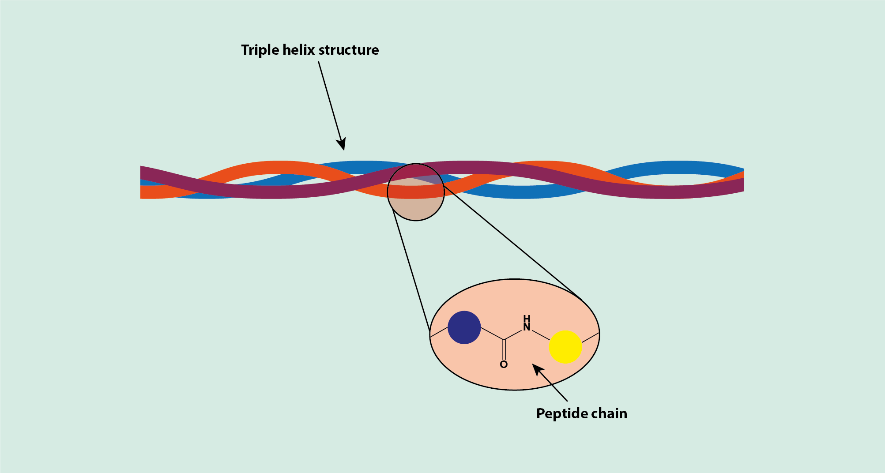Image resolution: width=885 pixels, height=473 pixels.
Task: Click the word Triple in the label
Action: pyautogui.click(x=260, y=50)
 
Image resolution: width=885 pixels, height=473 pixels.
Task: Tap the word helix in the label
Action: pyautogui.click(x=298, y=50)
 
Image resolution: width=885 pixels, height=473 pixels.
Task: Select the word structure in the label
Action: pyautogui.click(x=348, y=50)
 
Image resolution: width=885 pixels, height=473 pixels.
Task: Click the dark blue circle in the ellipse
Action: pyautogui.click(x=464, y=327)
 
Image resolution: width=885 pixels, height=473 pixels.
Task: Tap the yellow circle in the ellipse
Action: pyautogui.click(x=565, y=347)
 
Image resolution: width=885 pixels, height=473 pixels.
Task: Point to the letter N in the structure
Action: pyautogui.click(x=527, y=327)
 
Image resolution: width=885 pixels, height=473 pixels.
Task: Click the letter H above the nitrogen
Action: pyautogui.click(x=527, y=319)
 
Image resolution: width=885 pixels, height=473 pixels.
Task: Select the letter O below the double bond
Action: pyautogui.click(x=504, y=364)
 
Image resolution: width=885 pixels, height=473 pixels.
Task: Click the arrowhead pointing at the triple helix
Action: pyautogui.click(x=342, y=144)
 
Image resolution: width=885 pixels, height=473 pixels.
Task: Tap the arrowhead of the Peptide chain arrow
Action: pyautogui.click(x=537, y=369)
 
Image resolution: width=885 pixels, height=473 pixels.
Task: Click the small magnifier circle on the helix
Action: pyautogui.click(x=415, y=192)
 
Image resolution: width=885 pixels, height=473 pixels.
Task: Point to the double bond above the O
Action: pyautogui.click(x=504, y=349)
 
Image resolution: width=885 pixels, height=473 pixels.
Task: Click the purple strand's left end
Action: pyautogui.click(x=144, y=173)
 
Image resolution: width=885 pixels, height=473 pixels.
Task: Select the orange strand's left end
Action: pyautogui.click(x=144, y=192)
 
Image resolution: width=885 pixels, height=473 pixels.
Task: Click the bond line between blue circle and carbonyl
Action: pyautogui.click(x=492, y=334)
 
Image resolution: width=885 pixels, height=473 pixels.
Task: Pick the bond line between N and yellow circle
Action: pyautogui.click(x=540, y=335)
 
